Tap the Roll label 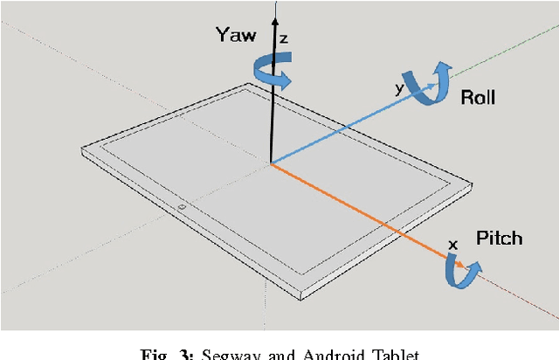pos(478,97)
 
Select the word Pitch pos(499,238)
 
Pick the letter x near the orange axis pos(452,244)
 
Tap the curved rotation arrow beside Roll pos(431,84)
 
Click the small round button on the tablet pos(181,207)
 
